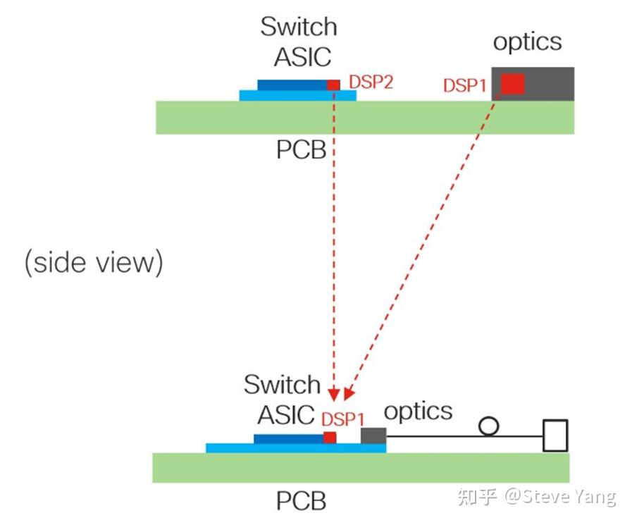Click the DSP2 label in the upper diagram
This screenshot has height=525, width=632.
tap(371, 82)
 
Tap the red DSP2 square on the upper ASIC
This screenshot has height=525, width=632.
tap(333, 85)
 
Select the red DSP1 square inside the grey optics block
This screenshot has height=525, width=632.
tap(513, 84)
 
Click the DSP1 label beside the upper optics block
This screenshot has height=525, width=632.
tap(464, 85)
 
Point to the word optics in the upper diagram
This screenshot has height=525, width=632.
tap(527, 42)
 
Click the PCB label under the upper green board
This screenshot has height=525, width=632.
tap(301, 149)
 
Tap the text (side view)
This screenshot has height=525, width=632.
tap(94, 262)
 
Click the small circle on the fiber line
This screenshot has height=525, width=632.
tap(488, 426)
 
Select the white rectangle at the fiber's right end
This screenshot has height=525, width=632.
tap(555, 435)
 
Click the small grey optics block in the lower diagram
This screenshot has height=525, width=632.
tap(373, 436)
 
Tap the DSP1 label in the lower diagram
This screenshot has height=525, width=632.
tap(343, 419)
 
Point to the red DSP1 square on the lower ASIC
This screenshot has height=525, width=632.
tap(330, 438)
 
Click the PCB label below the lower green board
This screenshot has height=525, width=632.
tap(301, 501)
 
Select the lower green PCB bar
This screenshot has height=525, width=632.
tap(360, 467)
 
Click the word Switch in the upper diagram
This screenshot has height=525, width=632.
tap(299, 27)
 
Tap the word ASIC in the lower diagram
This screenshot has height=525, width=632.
tap(286, 415)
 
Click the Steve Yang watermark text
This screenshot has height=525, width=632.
tap(560, 496)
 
